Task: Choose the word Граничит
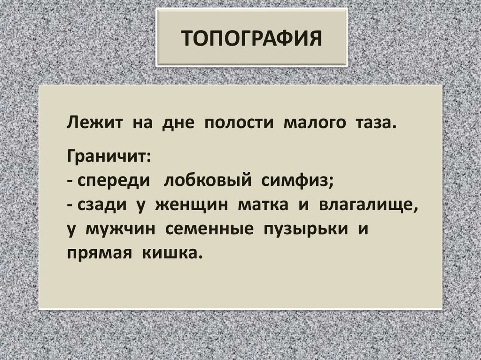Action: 109,155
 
